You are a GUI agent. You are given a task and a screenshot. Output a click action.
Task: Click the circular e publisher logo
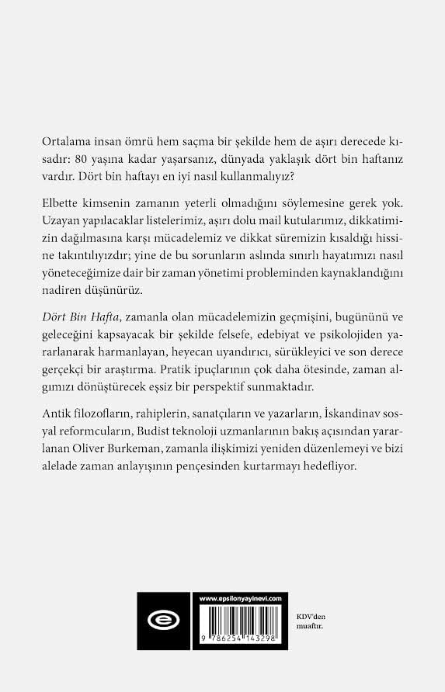pyautogui.click(x=162, y=621)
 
